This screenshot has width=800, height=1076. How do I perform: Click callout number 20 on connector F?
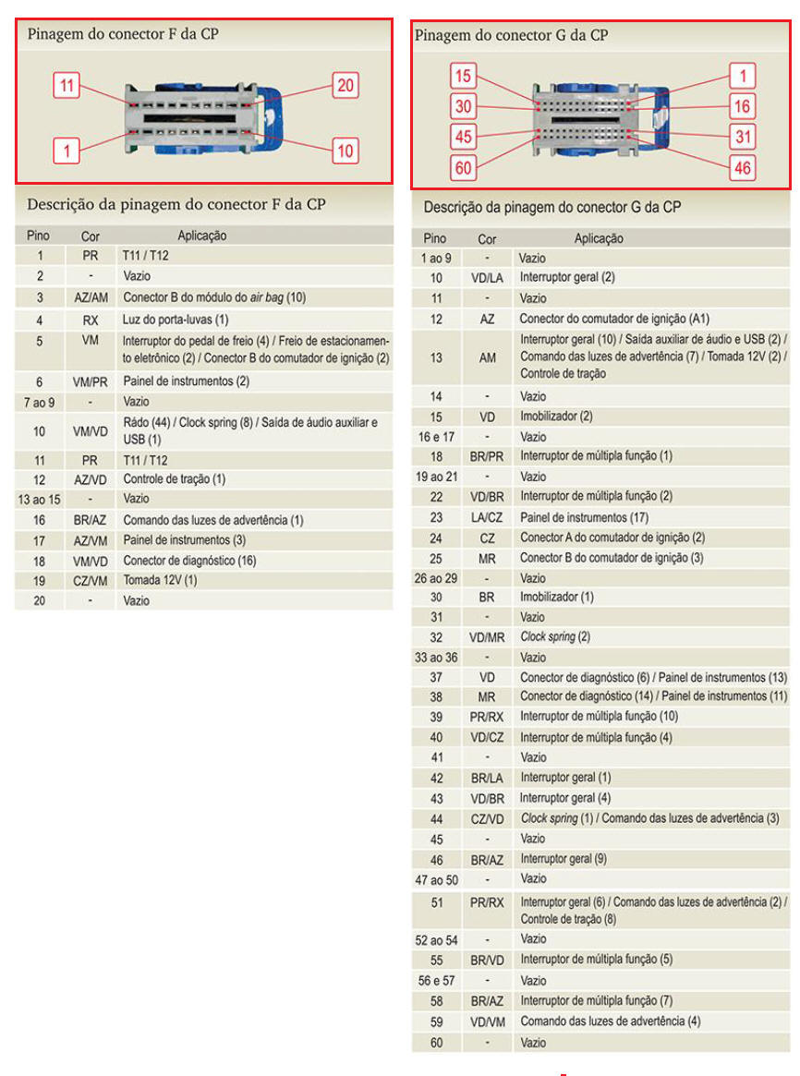pos(345,86)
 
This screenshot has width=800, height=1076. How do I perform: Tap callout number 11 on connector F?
pos(67,86)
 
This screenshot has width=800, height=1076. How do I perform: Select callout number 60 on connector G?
pos(464,167)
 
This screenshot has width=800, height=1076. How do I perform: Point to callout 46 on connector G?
pos(742,167)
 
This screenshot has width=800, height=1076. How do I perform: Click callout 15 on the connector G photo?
pos(464,76)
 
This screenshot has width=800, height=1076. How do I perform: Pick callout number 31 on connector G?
pos(742,137)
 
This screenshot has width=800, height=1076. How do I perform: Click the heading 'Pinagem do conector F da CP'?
pos(123,35)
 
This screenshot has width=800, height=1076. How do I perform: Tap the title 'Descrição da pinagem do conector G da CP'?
pos(552,207)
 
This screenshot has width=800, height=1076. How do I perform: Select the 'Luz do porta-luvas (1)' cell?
pos(176,320)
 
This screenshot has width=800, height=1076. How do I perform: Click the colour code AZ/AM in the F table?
pos(91,297)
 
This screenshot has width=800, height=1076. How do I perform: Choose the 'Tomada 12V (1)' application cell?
pos(161,580)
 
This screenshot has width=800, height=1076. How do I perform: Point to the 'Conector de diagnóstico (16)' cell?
pos(189,560)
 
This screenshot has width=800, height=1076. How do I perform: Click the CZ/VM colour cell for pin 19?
pos(91,580)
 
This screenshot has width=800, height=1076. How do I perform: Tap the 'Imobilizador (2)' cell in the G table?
pos(556,417)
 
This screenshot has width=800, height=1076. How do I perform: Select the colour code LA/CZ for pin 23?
pos(487,517)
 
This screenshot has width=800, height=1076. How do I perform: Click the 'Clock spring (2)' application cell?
pos(555,636)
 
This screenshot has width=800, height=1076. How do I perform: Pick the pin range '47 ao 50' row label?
pos(437,880)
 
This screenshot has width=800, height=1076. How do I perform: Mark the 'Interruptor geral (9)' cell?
pos(563,859)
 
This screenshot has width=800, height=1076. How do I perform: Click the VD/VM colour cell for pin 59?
pos(487,1022)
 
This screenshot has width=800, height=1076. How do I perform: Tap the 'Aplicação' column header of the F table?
pos(201,236)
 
